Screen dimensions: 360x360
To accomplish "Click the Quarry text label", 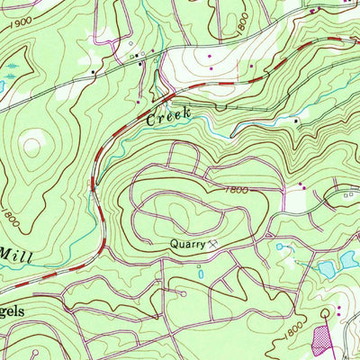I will [184, 244].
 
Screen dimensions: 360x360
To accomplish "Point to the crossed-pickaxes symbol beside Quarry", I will [213, 244].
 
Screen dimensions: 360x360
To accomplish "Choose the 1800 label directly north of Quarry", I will [235, 190].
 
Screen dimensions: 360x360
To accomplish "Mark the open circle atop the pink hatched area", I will [324, 313].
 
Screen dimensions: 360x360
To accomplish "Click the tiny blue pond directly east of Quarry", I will [279, 246].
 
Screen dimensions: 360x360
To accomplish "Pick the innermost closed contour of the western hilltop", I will [34, 141].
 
